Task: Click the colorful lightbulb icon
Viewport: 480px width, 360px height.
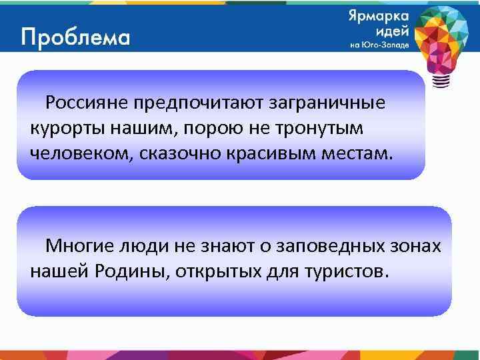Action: pos(441,37)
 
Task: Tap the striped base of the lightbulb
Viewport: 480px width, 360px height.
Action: pos(441,81)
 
